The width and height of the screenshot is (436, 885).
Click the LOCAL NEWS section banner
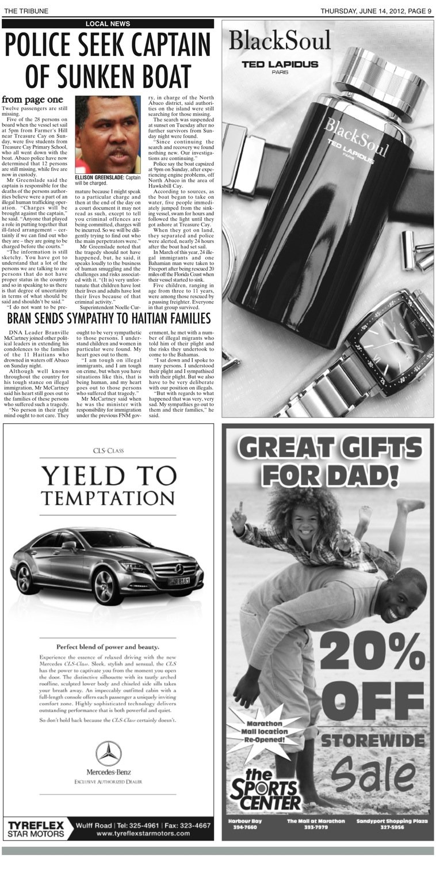click(108, 24)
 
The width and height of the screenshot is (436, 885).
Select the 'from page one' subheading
click(32, 99)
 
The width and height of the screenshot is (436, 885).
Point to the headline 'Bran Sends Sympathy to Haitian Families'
click(109, 318)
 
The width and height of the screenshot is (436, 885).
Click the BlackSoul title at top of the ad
click(280, 41)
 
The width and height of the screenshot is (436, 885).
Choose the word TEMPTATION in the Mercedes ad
click(108, 499)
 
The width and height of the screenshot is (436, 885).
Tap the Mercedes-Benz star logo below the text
click(108, 753)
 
